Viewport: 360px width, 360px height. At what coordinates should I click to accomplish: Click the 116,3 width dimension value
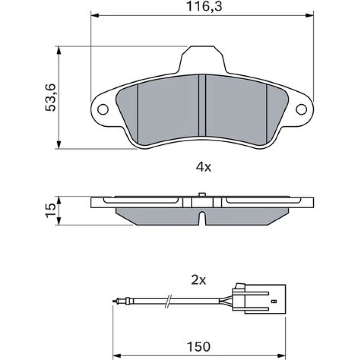tap(204, 7)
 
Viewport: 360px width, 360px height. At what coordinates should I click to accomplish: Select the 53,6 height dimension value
tap(50, 98)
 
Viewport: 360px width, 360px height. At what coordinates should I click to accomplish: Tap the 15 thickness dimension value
tap(50, 210)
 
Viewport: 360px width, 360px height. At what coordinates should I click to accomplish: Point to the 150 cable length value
tap(199, 346)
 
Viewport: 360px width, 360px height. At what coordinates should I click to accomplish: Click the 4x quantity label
tap(203, 167)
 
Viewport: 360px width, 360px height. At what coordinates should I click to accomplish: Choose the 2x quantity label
tap(199, 280)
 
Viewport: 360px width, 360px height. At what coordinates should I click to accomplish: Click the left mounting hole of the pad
tap(103, 109)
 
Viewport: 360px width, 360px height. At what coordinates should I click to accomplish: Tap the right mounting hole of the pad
tap(302, 109)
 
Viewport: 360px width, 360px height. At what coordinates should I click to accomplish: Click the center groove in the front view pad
tap(202, 106)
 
